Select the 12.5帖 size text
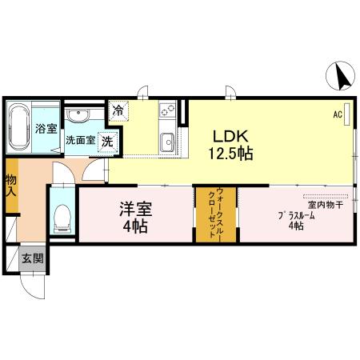(x=232, y=154)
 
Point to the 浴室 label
(x=46, y=128)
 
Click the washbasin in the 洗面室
(x=78, y=118)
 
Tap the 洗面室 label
(x=80, y=138)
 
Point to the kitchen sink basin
(x=168, y=142)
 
